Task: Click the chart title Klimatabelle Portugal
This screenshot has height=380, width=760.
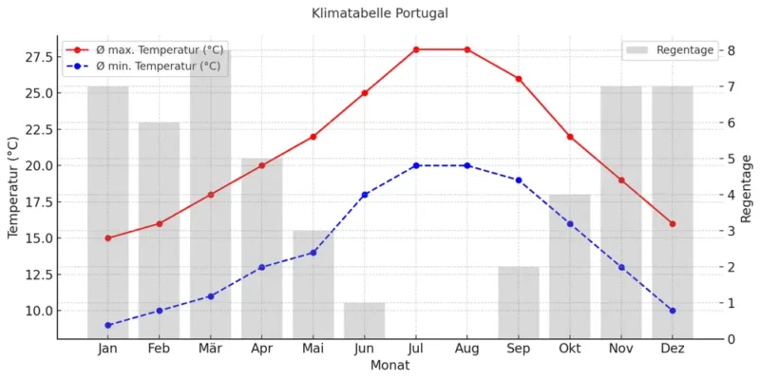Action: (x=379, y=14)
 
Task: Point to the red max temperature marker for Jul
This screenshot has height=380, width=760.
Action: (x=416, y=49)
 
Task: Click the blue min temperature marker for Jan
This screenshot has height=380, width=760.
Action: (x=108, y=325)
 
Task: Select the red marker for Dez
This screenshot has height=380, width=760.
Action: (x=673, y=224)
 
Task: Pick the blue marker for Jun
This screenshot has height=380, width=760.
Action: (x=365, y=195)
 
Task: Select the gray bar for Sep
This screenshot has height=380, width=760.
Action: (x=519, y=303)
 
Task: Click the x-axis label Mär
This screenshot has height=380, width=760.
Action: (x=210, y=350)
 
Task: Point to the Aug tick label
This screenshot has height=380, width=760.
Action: (x=467, y=350)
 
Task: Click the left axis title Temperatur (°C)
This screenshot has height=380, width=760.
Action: (x=13, y=187)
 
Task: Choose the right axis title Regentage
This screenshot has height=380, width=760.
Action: (x=747, y=188)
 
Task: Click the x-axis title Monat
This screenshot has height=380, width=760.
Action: (x=390, y=365)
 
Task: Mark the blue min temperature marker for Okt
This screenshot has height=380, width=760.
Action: (x=570, y=224)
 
